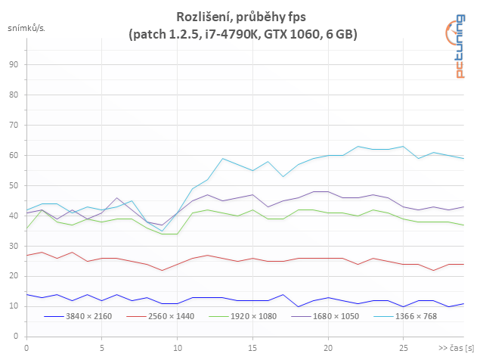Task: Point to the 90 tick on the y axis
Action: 13,65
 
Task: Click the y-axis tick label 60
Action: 13,155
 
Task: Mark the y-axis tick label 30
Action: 13,246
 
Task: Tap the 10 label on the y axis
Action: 13,306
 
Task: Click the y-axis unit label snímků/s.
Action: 26,29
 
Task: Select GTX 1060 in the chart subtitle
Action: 289,35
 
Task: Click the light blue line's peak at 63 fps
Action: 358,146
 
